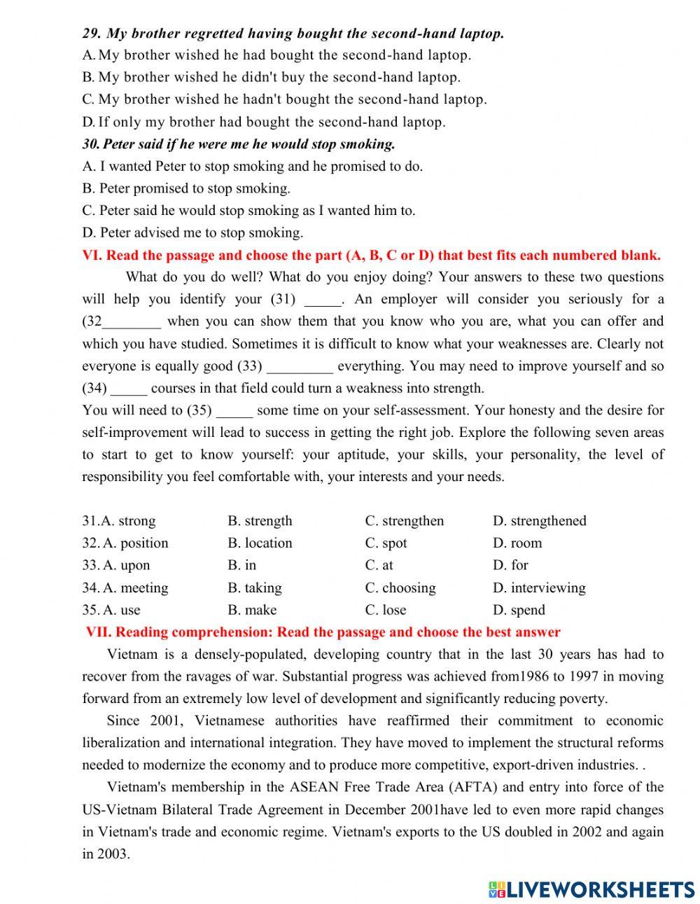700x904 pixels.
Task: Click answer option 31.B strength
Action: tap(260, 521)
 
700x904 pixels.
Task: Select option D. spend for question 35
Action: tap(519, 610)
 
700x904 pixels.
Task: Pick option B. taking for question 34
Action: tap(255, 587)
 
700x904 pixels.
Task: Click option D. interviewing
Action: tap(539, 587)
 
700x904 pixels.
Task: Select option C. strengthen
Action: tap(404, 521)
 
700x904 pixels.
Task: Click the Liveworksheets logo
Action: tap(591, 889)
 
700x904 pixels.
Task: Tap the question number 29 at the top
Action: tap(92, 33)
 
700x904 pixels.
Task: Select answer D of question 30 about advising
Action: tap(192, 232)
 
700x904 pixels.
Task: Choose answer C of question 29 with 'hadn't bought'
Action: tap(284, 99)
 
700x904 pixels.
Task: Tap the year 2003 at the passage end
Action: tap(113, 854)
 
